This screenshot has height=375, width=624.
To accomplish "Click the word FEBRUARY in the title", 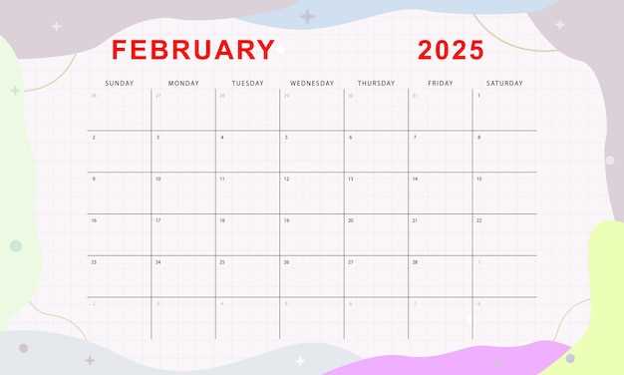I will tap(192, 50).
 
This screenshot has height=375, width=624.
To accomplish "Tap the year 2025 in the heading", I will tap(451, 50).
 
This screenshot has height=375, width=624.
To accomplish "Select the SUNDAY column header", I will tap(119, 83).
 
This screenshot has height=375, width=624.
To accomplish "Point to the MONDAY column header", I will tap(183, 83).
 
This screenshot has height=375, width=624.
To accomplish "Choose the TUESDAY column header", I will tap(247, 83).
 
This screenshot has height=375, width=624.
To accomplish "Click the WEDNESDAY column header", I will tap(312, 83).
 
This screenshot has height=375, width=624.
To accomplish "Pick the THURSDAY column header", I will tap(376, 83).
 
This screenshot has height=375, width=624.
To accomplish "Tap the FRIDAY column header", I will tap(440, 83).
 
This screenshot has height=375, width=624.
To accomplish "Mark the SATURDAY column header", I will tap(504, 83).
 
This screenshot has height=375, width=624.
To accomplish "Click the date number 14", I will tap(415, 179).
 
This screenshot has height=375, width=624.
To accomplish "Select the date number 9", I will tap(94, 179).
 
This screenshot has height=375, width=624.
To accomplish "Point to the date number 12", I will tap(286, 179).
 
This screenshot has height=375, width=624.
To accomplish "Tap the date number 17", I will tap(157, 220).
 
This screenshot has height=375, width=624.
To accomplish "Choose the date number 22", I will tap(479, 220).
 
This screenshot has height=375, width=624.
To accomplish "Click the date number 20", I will tap(350, 220).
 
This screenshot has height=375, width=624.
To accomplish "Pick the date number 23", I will tap(94, 262).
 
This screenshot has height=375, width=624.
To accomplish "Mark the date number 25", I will tap(222, 262).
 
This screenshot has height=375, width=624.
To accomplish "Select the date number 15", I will tap(479, 179).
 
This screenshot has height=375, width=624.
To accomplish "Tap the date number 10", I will tap(157, 179).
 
